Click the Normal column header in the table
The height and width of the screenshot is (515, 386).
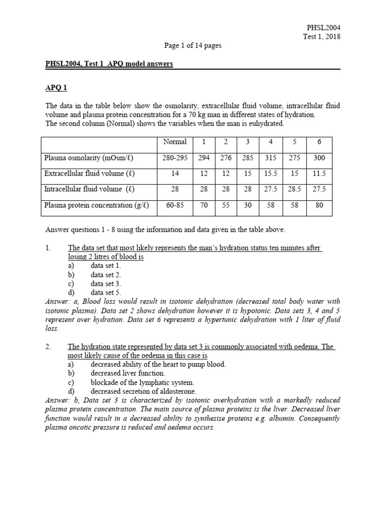click(175, 142)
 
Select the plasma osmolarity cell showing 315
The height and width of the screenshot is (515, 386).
click(270, 158)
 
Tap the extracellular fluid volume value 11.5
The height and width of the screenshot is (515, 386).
click(319, 174)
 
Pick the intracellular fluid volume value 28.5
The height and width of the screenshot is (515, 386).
click(295, 189)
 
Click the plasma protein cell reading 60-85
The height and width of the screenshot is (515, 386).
click(175, 205)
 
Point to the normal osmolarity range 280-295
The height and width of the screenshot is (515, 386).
click(175, 158)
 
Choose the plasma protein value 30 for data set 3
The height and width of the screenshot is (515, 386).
click(248, 205)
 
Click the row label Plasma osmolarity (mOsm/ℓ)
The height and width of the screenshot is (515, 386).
click(89, 158)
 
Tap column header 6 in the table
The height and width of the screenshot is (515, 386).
click(319, 142)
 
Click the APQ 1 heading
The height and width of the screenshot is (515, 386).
click(56, 88)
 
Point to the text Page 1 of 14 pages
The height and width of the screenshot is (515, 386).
click(193, 45)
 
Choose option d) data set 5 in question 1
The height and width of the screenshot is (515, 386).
click(106, 292)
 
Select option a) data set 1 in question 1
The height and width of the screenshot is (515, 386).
click(106, 265)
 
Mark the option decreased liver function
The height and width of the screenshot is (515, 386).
click(128, 373)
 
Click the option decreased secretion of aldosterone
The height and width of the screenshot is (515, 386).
click(143, 391)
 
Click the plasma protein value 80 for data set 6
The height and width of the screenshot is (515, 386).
click(319, 205)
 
